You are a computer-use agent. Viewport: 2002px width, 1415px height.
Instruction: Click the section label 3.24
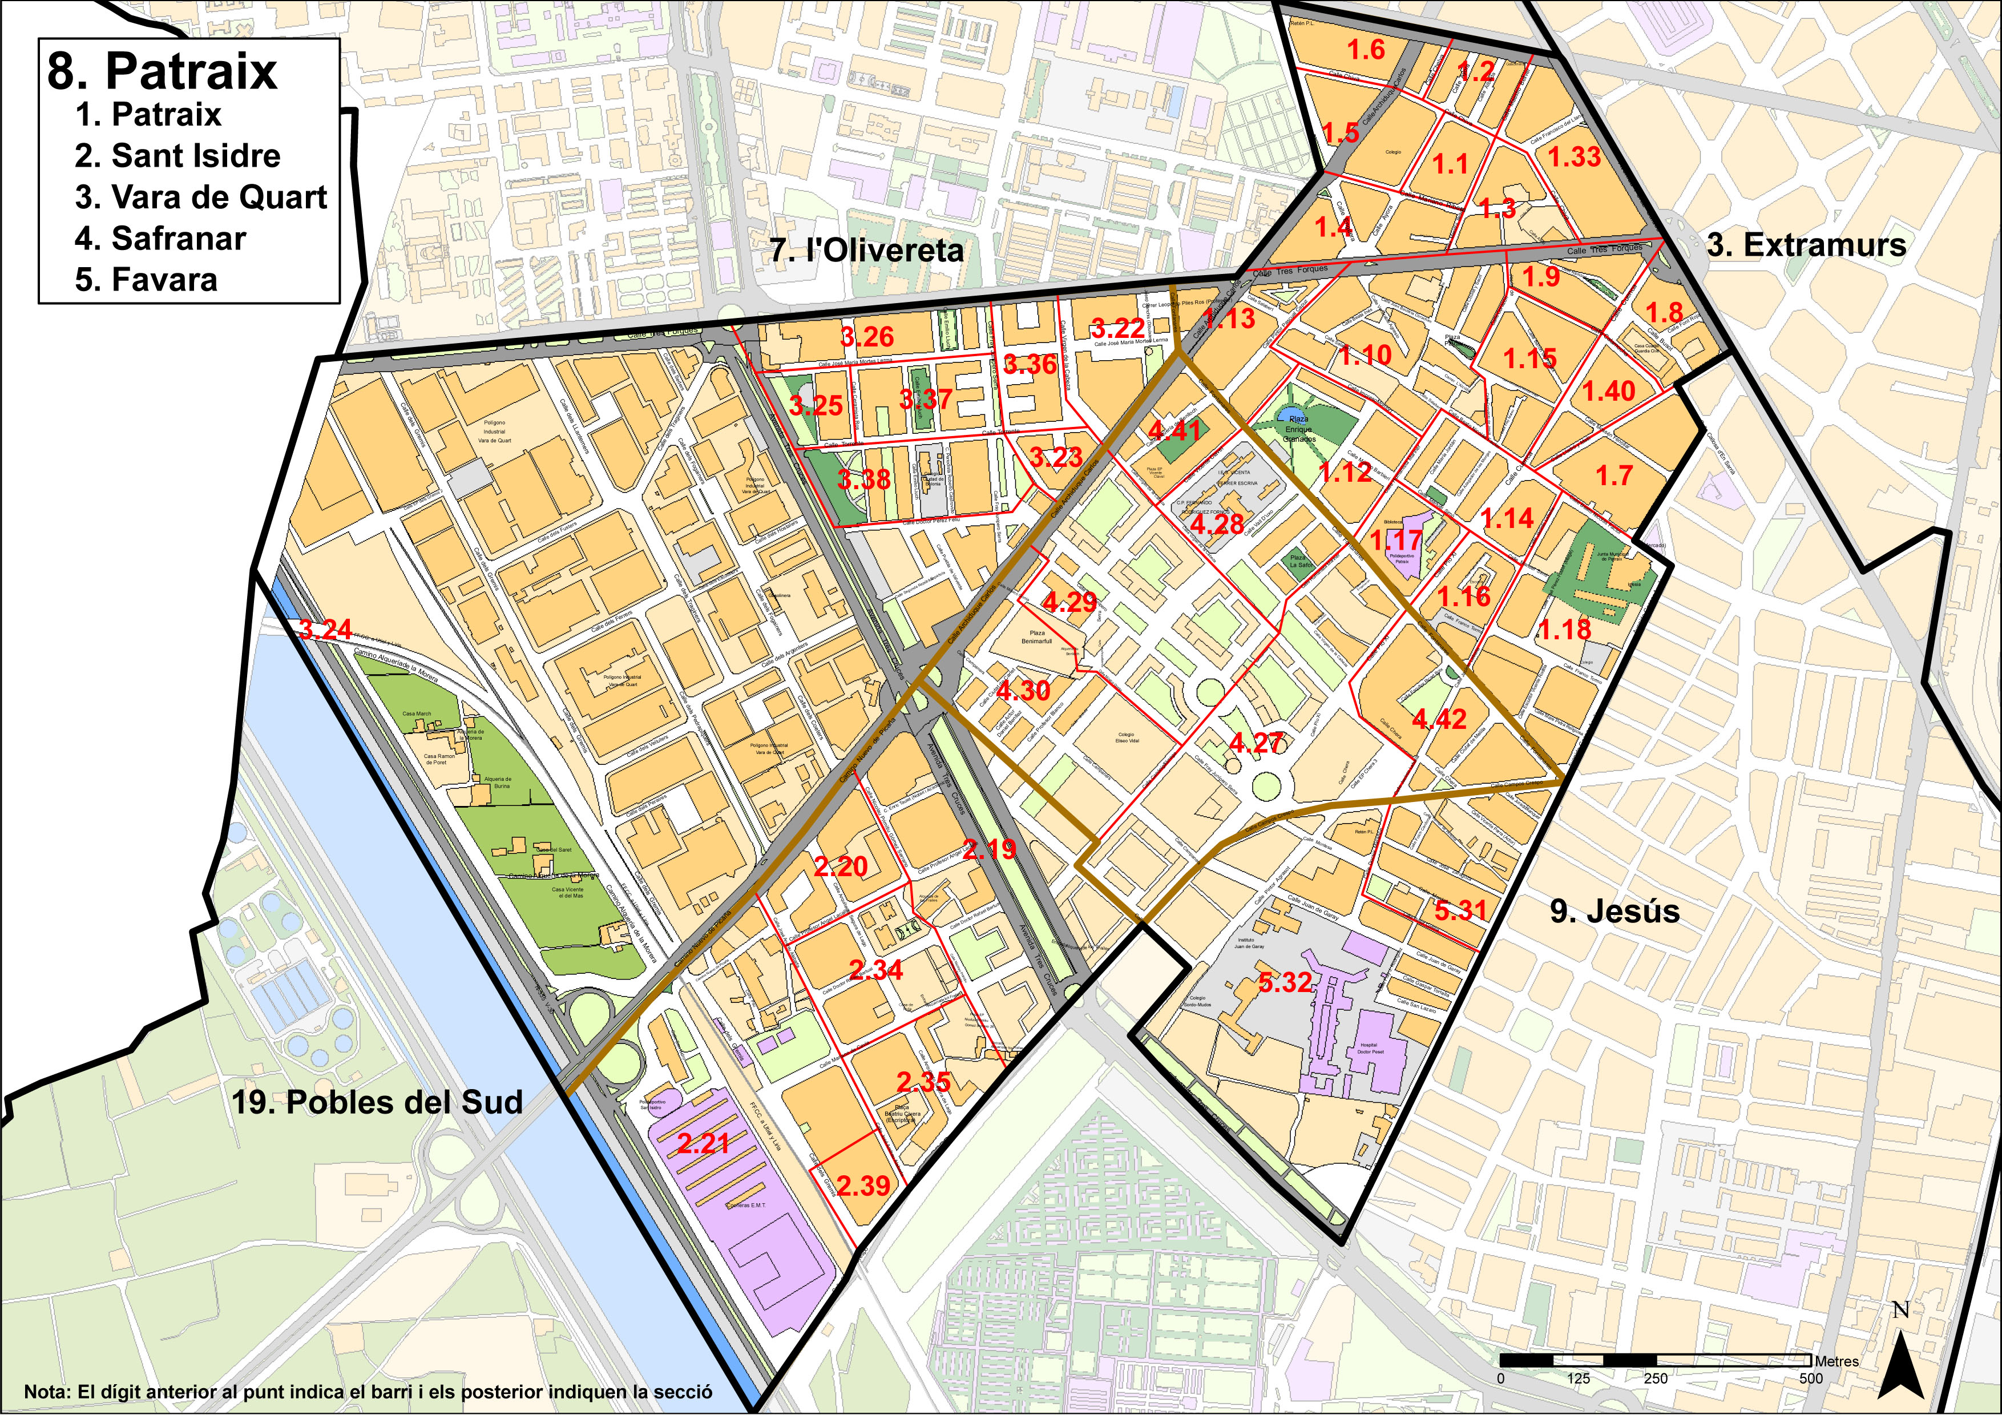[325, 630]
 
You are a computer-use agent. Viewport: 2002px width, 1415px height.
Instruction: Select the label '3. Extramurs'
[1806, 245]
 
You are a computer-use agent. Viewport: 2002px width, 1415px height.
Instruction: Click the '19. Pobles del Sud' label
[377, 1102]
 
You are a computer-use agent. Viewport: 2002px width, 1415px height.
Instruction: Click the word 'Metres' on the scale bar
[1836, 1361]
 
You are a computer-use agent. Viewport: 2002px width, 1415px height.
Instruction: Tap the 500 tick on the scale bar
[1810, 1378]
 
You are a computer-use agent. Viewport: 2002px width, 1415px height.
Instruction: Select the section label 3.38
[863, 479]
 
